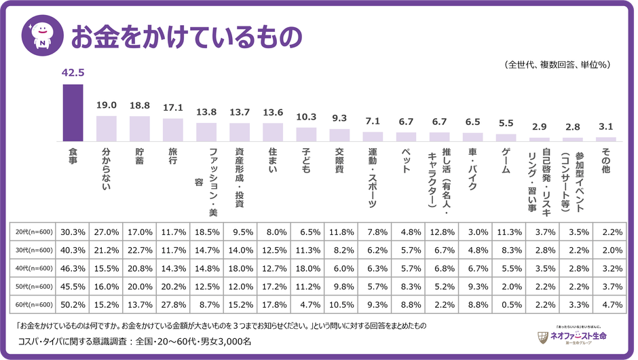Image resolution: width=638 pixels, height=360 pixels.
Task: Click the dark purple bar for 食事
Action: [73, 113]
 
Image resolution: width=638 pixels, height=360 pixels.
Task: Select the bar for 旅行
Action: [173, 130]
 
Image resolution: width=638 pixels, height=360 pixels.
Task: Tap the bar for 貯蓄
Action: [140, 128]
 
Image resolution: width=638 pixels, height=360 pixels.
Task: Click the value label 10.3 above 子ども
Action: [307, 117]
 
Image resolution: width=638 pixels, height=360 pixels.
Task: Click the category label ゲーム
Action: [506, 160]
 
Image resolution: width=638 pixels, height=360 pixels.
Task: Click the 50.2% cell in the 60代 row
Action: [73, 305]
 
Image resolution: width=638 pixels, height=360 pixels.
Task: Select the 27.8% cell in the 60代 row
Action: [173, 305]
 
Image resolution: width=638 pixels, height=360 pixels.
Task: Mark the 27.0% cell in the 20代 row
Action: [106, 232]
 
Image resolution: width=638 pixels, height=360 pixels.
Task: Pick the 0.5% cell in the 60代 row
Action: [506, 305]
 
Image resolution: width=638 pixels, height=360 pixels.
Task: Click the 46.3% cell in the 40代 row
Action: [73, 268]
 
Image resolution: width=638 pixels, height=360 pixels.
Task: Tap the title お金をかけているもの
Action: [185, 37]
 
